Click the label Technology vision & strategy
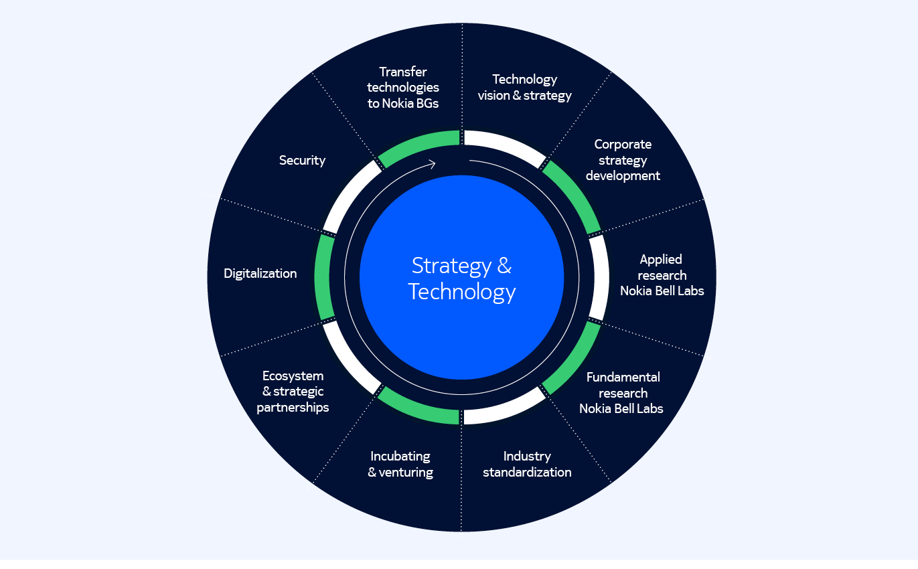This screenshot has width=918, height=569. point(524,88)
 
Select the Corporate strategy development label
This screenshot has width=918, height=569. point(623,160)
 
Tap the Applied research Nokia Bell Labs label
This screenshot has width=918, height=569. point(662,275)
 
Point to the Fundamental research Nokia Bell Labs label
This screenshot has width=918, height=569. point(622,393)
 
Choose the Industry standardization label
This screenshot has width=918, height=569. point(527,464)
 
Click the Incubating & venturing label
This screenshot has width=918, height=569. point(400,464)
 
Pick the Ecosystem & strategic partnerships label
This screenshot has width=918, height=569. point(293,392)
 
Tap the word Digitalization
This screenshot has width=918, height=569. point(260,273)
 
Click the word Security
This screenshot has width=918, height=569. point(302,160)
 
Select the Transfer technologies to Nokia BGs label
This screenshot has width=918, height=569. point(403,88)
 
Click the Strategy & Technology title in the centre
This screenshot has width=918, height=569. point(461,278)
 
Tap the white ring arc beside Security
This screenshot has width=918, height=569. point(347,195)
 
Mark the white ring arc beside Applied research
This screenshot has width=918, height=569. point(599,277)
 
